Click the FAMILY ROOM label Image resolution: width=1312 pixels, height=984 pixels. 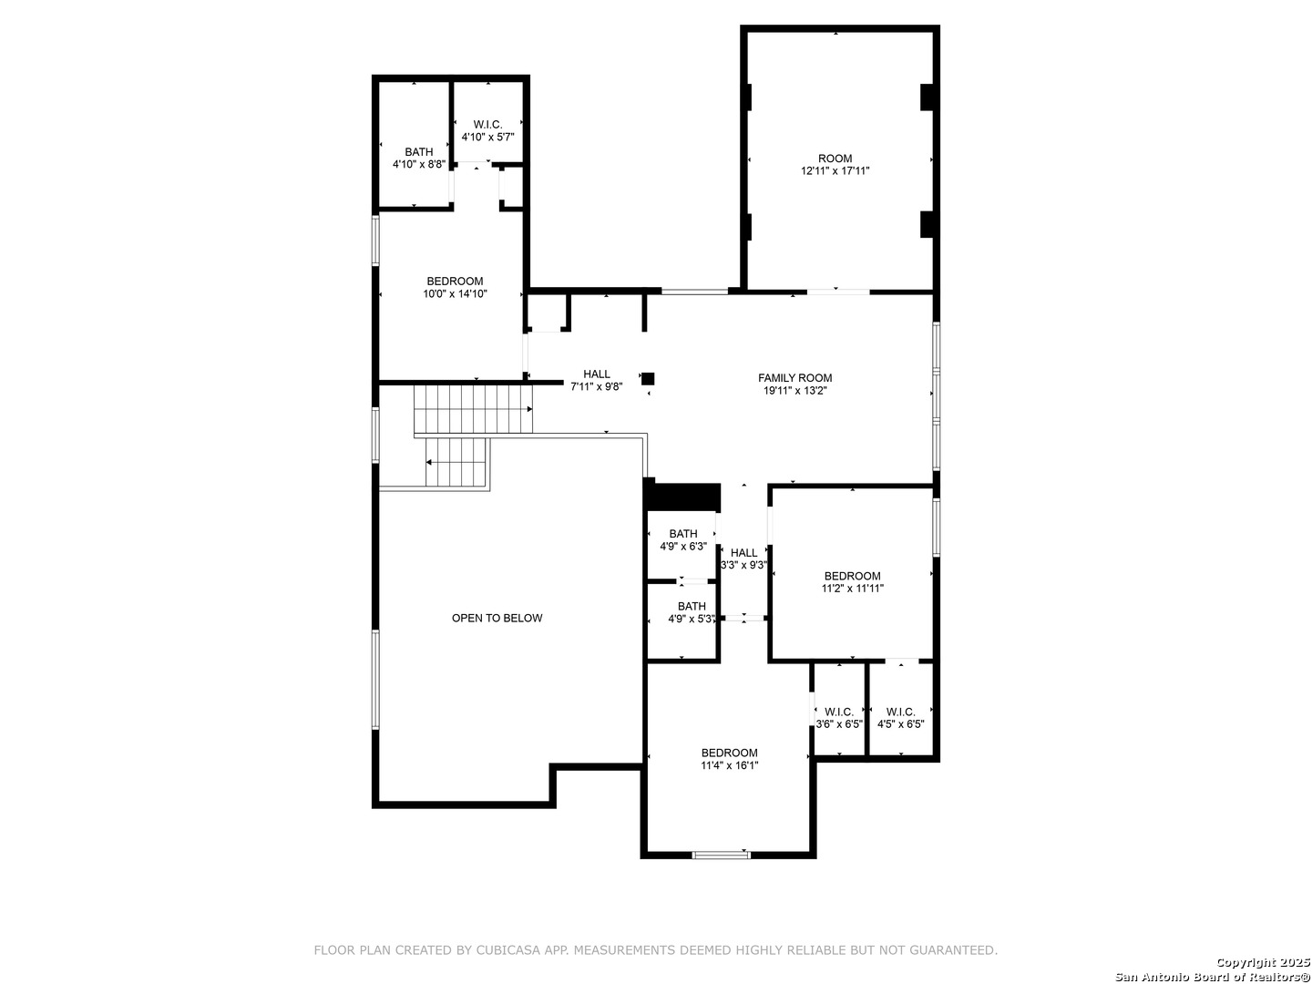(x=794, y=377)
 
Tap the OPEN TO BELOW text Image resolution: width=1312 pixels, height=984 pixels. (x=497, y=618)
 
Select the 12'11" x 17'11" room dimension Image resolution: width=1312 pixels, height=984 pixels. (x=835, y=171)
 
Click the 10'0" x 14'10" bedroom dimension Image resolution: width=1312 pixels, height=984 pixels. (x=455, y=294)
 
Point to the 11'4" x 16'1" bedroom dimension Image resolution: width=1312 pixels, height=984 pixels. (x=729, y=765)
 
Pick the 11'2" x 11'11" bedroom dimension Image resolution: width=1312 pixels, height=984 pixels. (x=853, y=589)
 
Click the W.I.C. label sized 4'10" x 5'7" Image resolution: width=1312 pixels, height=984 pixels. (x=487, y=124)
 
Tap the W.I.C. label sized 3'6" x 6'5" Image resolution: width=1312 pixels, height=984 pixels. (x=838, y=712)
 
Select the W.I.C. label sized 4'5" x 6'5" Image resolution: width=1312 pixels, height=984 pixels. (x=900, y=712)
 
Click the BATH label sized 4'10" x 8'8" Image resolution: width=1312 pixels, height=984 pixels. (x=418, y=152)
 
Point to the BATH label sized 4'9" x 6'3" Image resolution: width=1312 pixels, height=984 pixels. (x=682, y=534)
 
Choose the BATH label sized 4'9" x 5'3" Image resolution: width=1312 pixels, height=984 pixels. (x=692, y=606)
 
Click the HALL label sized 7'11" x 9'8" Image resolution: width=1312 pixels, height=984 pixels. (x=597, y=374)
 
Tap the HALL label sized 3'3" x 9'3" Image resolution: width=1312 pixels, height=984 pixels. (x=743, y=553)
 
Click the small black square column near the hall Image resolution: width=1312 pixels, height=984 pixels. (x=648, y=379)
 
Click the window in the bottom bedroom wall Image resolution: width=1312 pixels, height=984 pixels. (x=721, y=855)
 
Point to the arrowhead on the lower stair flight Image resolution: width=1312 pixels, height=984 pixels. (x=429, y=463)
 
